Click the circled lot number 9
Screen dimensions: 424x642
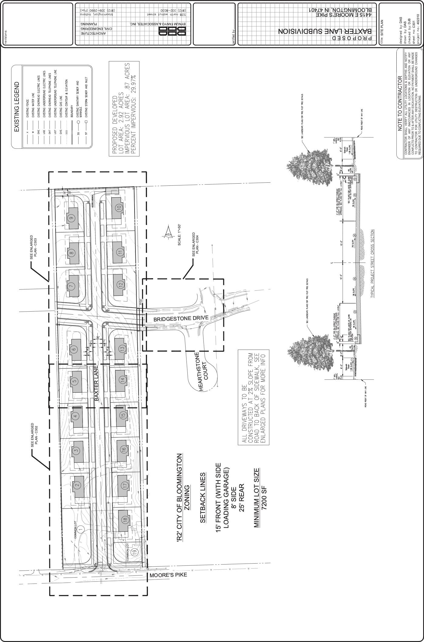pyautogui.click(x=72, y=218)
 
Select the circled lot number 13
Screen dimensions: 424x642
pyautogui.click(x=122, y=348)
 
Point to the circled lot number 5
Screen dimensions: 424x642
pyautogui.click(x=75, y=381)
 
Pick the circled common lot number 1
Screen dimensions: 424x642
pyautogui.click(x=81, y=529)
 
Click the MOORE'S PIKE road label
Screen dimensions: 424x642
pyautogui.click(x=168, y=575)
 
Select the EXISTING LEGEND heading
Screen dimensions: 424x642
pyautogui.click(x=17, y=107)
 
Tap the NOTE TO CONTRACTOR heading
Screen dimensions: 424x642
pyautogui.click(x=400, y=103)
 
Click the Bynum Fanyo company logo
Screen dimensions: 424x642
pyautogui.click(x=172, y=31)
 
